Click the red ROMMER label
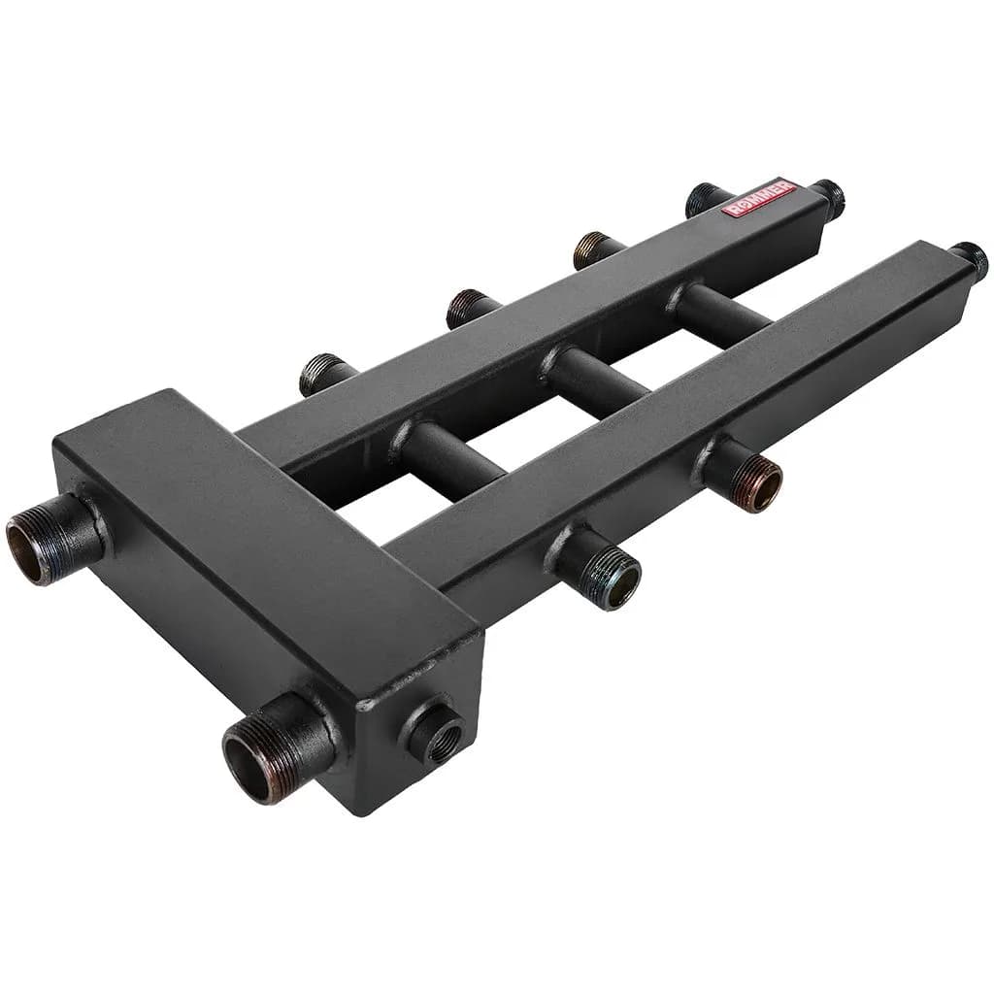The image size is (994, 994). pos(761,199)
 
